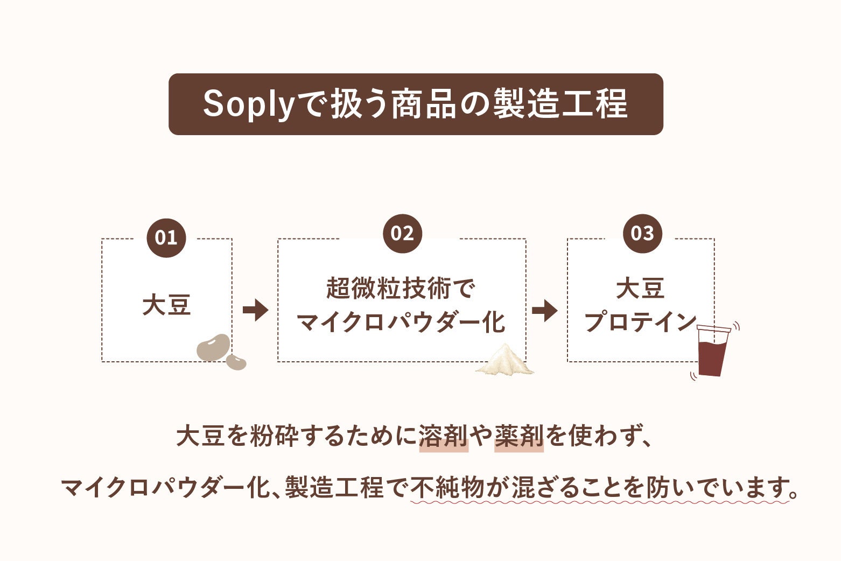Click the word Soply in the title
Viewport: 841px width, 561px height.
[248, 104]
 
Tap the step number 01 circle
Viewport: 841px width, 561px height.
[166, 237]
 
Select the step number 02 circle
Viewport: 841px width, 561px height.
[402, 233]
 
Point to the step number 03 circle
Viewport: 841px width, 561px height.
[642, 233]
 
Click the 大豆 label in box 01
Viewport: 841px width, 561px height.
[166, 305]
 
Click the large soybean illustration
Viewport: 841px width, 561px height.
[213, 347]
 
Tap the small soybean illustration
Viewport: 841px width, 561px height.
[236, 361]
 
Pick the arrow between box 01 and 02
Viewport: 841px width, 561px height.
[255, 310]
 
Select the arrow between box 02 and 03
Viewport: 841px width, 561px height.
[544, 310]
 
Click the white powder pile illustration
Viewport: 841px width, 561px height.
[505, 360]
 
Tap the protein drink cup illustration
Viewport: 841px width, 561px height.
[713, 351]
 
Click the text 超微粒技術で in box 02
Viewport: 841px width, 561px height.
[401, 289]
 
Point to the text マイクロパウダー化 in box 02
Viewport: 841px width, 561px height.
[401, 322]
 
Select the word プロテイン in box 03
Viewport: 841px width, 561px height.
[641, 322]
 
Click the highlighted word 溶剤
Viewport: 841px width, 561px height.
[443, 436]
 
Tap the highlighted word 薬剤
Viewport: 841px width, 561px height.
[518, 436]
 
